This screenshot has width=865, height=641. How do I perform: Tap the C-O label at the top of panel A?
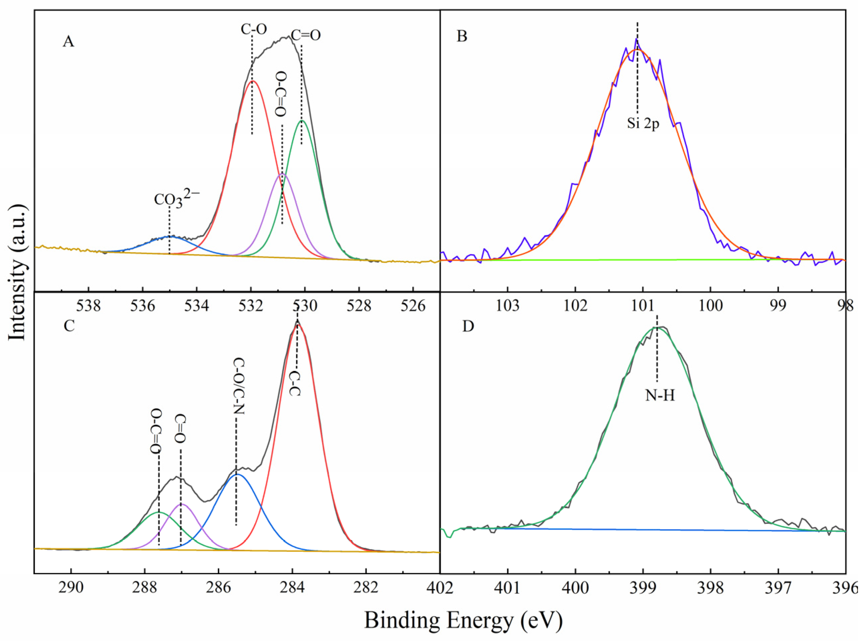click(254, 29)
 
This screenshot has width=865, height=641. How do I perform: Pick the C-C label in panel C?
click(295, 383)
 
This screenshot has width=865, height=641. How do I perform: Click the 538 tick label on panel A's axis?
click(89, 306)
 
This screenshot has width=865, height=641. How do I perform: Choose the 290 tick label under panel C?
click(71, 588)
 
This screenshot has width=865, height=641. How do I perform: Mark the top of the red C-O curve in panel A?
click(252, 81)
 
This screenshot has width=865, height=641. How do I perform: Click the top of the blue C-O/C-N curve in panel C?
click(237, 474)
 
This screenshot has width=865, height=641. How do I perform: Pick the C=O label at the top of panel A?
click(306, 36)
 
